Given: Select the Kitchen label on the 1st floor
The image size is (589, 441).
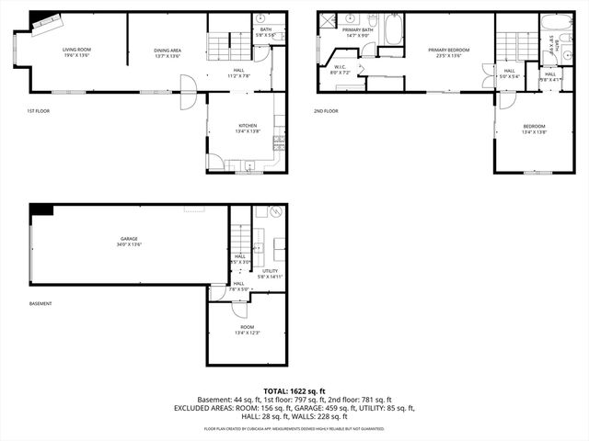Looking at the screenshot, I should click(248, 128).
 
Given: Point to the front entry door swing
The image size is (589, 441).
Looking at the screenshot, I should click(188, 95).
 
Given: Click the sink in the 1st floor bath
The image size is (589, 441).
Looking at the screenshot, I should click(260, 18).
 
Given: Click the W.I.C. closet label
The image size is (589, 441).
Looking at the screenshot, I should click(340, 69).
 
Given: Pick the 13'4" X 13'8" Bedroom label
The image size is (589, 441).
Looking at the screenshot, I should click(534, 129).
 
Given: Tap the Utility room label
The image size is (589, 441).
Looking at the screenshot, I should click(271, 273).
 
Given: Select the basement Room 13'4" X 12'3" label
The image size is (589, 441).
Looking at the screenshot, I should click(247, 329).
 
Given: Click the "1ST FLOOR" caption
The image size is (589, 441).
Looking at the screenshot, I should click(38, 111).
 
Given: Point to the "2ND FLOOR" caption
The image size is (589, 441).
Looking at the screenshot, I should click(326, 111).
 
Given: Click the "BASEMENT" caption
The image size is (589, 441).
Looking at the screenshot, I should click(40, 304).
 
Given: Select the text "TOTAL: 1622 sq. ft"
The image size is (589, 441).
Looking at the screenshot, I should click(294, 391).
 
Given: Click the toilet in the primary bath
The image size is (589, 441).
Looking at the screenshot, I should click(372, 20).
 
